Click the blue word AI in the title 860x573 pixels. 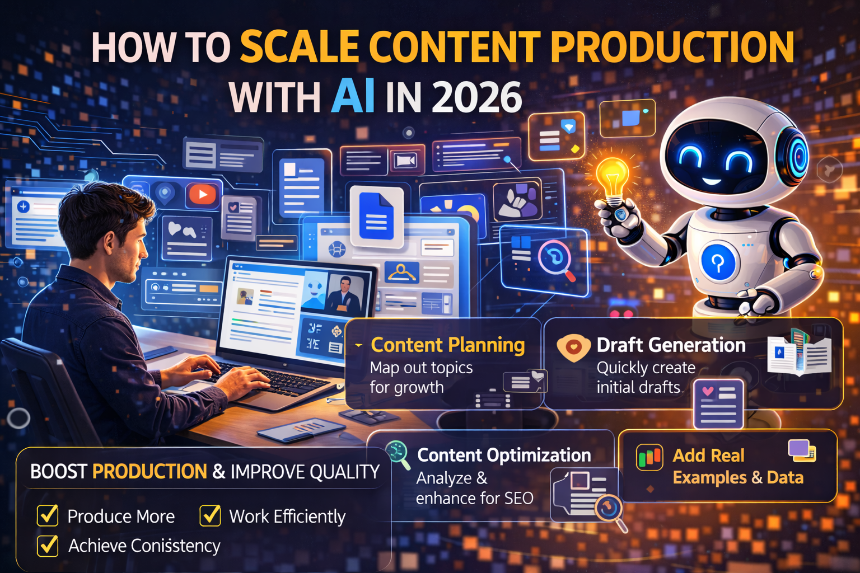[353, 96]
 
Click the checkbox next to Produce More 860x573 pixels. [48, 515]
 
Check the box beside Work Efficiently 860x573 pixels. [210, 515]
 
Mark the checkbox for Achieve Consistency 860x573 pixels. [48, 545]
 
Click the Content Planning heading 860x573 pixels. [447, 345]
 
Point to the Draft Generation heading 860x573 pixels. [671, 345]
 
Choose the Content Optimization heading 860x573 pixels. [504, 455]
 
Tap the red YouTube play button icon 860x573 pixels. [202, 194]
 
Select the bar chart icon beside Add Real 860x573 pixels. [649, 457]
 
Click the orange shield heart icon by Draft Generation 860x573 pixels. [573, 347]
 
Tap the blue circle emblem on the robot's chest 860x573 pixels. [718, 261]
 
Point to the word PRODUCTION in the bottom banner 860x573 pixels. [149, 472]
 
